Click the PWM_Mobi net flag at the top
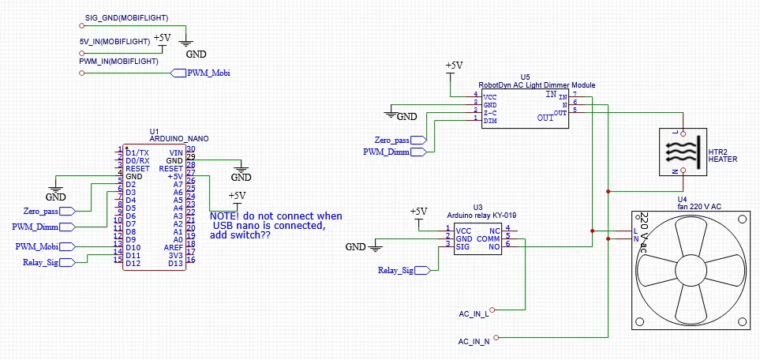click(x=204, y=73)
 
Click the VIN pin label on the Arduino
click(x=175, y=152)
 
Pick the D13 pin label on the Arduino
click(x=174, y=262)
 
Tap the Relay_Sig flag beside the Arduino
click(x=41, y=261)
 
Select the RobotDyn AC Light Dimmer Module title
click(x=537, y=84)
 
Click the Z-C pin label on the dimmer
click(x=490, y=113)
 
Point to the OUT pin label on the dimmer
click(x=545, y=118)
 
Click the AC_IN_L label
click(x=474, y=314)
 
